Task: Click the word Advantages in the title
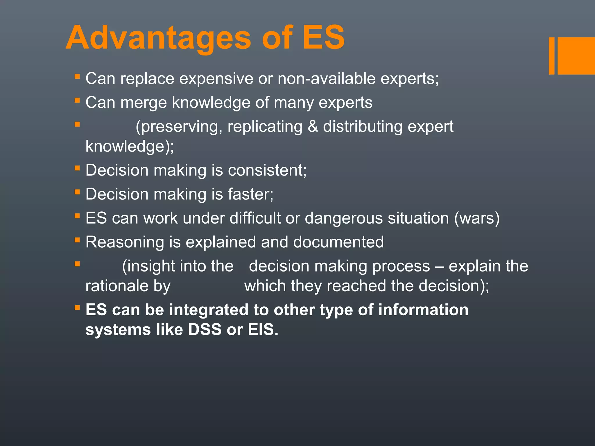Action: coord(158,38)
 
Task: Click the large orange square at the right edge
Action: coord(576,56)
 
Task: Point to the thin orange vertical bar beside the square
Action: coord(551,56)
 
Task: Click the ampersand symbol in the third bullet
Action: coord(313,127)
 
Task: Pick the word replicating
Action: coord(265,127)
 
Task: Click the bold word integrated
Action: coord(208,310)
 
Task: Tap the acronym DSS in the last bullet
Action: coord(205,330)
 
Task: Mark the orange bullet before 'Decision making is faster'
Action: coord(77,192)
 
